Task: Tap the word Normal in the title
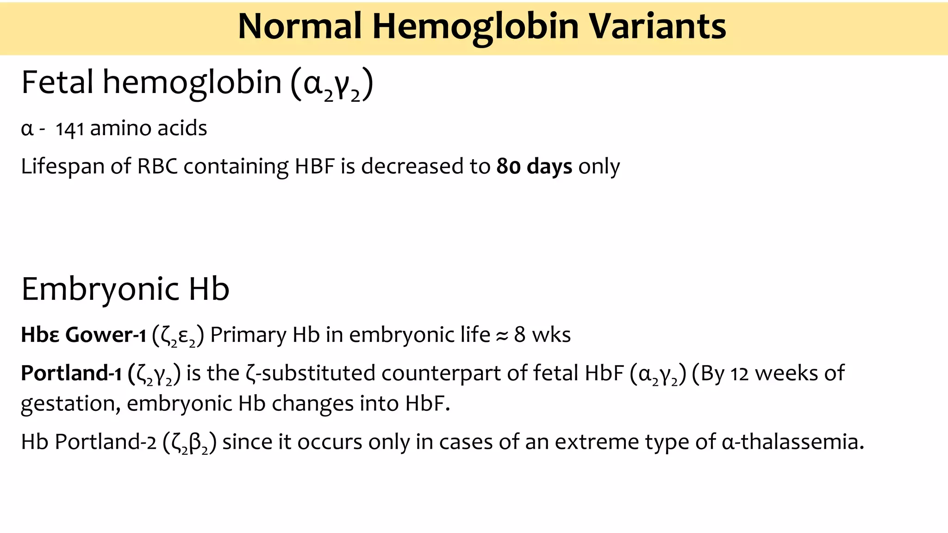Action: [x=299, y=26]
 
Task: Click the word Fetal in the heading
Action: [x=57, y=82]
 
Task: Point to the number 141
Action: [x=69, y=129]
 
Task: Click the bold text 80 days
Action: [x=534, y=167]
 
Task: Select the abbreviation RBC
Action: [x=157, y=167]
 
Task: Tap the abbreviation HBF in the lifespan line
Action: [x=315, y=167]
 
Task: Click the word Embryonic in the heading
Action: [x=100, y=290]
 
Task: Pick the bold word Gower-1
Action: [x=106, y=335]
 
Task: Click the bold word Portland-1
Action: [x=71, y=373]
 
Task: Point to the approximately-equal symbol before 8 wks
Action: [x=502, y=336]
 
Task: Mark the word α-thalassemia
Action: [x=792, y=442]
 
